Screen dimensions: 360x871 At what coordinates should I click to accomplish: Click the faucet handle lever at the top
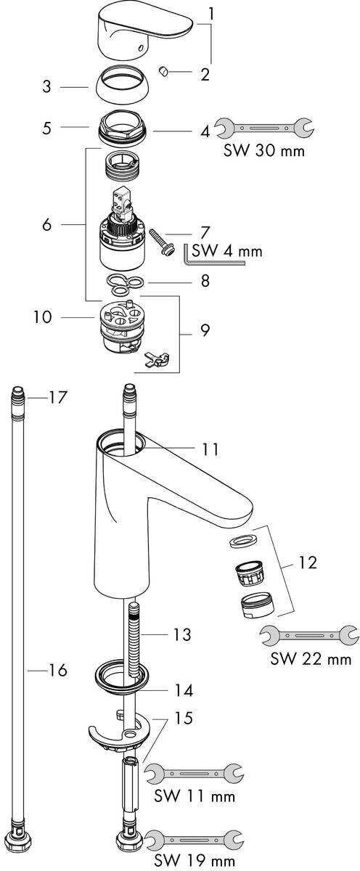point(144,31)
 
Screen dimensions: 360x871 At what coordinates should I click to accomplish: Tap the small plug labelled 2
point(164,72)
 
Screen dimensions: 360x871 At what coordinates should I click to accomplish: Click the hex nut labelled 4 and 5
point(121,128)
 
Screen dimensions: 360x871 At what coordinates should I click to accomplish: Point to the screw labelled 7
point(162,242)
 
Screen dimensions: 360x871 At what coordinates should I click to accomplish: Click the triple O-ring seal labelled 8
point(124,284)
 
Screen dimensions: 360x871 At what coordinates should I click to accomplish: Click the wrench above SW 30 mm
point(265,128)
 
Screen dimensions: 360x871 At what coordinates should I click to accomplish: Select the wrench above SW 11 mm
point(194,774)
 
